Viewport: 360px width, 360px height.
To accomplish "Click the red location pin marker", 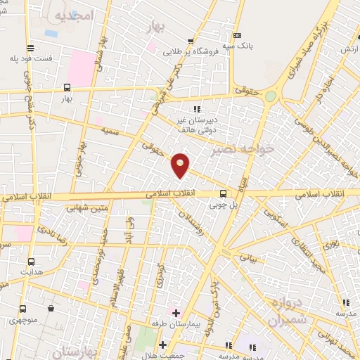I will click(x=181, y=165).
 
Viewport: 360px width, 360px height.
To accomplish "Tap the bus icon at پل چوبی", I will click(x=223, y=194).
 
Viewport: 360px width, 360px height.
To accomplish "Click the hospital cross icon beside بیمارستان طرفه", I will click(x=175, y=311).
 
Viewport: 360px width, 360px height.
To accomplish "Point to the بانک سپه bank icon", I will click(x=237, y=36).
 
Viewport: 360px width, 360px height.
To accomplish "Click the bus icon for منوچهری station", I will click(x=23, y=309).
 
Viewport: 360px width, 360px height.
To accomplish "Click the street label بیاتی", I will click(x=248, y=258).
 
